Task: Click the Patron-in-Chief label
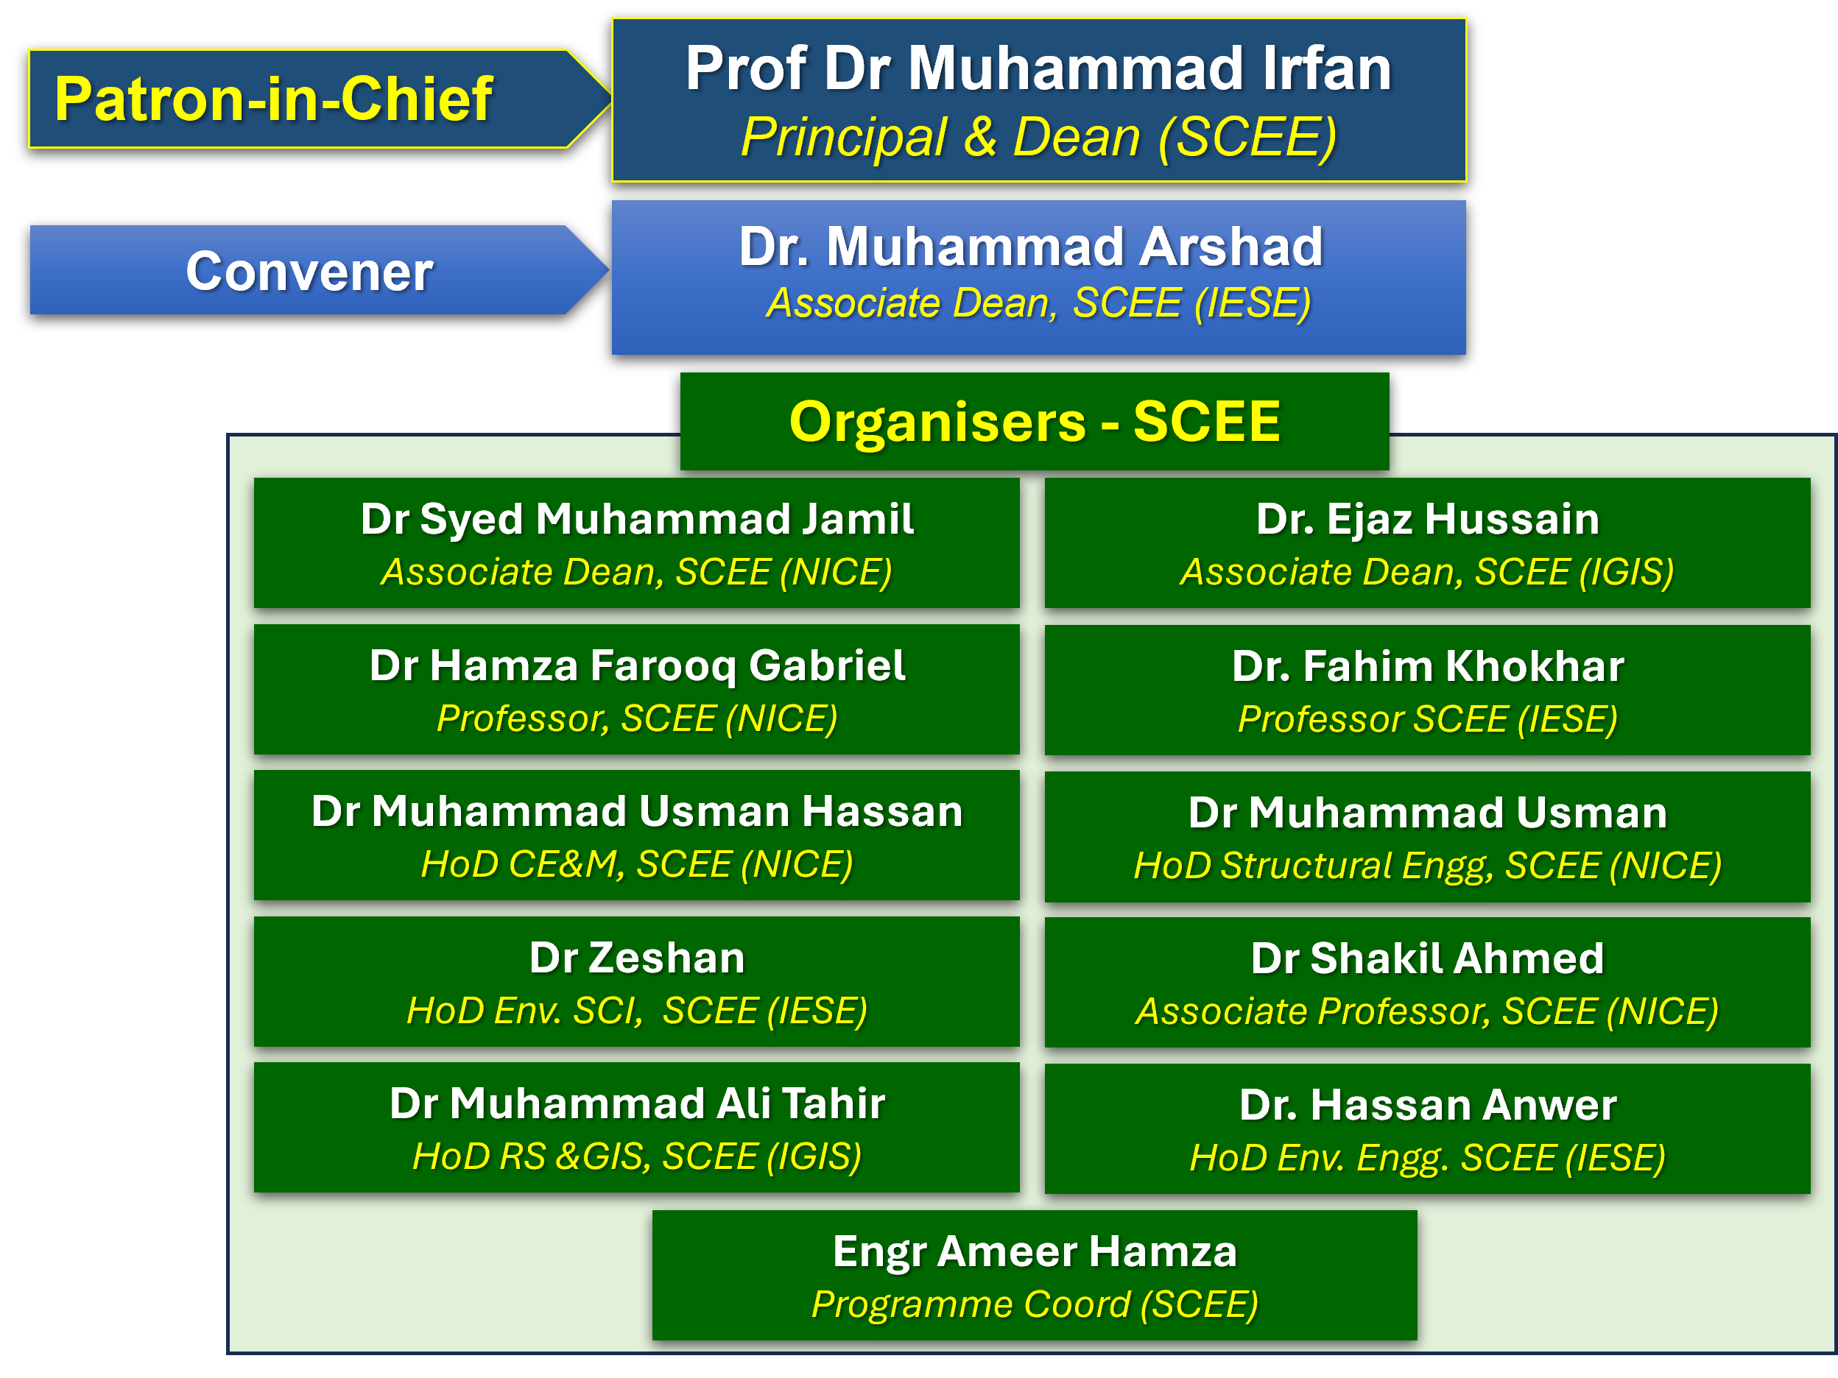point(274,99)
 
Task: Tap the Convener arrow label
point(309,271)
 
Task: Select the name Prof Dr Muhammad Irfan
point(1038,68)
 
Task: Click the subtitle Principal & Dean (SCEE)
point(1038,136)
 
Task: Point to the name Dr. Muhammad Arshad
point(1031,247)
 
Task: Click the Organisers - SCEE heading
point(1035,421)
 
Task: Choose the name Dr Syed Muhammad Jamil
point(637,519)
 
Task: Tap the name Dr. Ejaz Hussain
point(1428,519)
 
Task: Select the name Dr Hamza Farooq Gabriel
point(637,666)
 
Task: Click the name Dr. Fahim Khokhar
point(1428,666)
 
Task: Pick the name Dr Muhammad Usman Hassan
point(637,811)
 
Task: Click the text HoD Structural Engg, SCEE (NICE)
point(1428,866)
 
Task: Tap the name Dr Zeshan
point(637,958)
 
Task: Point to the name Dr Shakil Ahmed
point(1428,958)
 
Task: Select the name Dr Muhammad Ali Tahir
point(637,1104)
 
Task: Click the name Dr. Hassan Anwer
point(1428,1106)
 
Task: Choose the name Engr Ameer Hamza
point(1035,1251)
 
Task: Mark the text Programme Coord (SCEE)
point(1035,1304)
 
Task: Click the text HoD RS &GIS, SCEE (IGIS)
point(637,1157)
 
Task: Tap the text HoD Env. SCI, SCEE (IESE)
point(637,1011)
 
